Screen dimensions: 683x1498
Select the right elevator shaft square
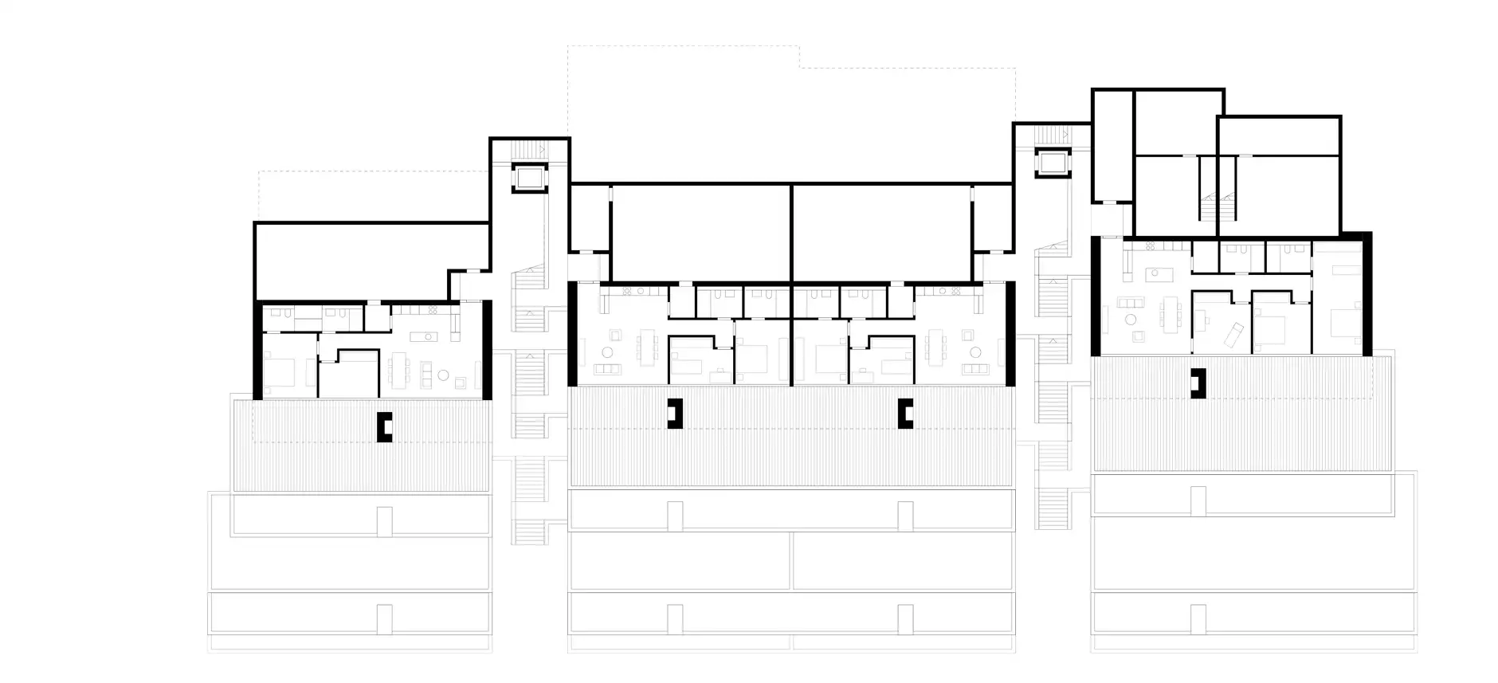click(x=1051, y=163)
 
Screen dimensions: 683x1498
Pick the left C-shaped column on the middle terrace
click(x=676, y=413)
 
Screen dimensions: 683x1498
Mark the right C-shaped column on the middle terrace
click(x=904, y=413)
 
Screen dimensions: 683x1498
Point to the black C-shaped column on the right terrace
click(x=1198, y=383)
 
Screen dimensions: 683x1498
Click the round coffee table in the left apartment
click(x=445, y=375)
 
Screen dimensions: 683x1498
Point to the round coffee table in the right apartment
click(x=1130, y=320)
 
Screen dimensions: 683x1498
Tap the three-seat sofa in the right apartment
click(x=1129, y=302)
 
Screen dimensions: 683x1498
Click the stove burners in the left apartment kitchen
click(x=433, y=309)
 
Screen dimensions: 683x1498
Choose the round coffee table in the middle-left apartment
click(x=607, y=351)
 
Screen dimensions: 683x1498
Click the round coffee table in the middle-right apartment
click(x=973, y=351)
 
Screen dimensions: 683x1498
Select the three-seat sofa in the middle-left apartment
click(x=609, y=369)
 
